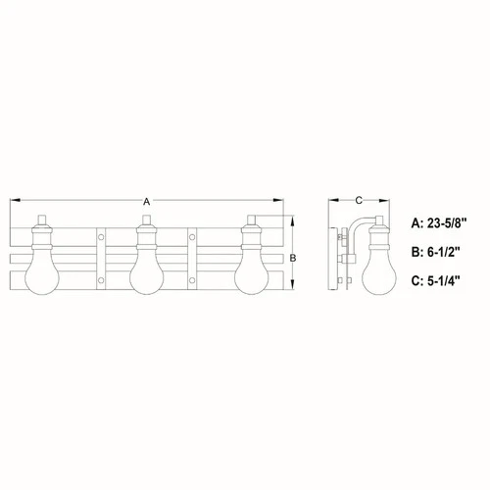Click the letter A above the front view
(x=146, y=200)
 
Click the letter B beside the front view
(x=295, y=256)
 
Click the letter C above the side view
(x=359, y=200)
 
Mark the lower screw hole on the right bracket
(x=193, y=281)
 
